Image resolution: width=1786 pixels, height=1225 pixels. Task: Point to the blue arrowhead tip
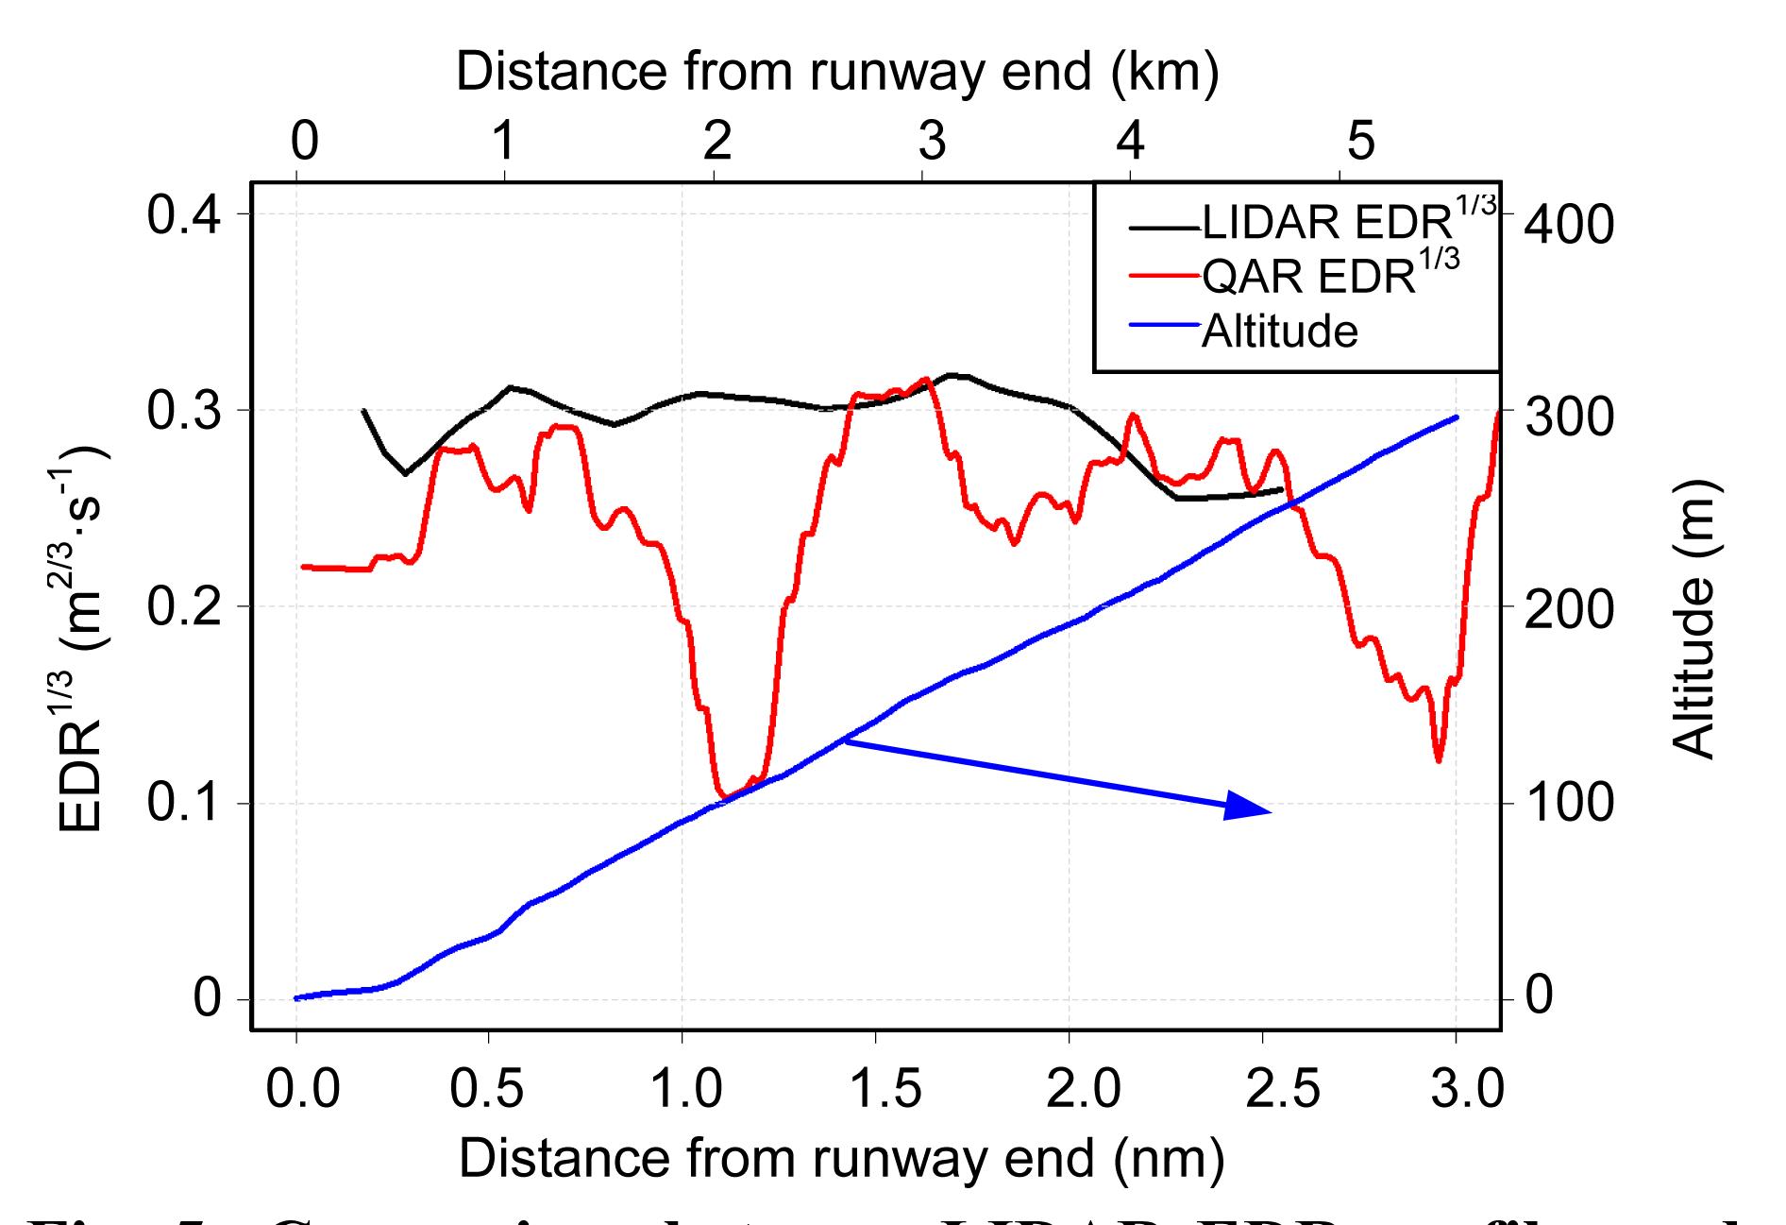(x=1270, y=811)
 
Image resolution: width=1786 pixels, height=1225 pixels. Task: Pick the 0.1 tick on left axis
(x=185, y=804)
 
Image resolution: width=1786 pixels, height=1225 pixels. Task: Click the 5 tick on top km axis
(x=1360, y=142)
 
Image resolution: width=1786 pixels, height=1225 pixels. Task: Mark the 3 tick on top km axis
(x=931, y=142)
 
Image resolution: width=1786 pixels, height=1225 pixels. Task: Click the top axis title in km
(x=836, y=72)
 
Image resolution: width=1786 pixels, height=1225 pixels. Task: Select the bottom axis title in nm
(x=840, y=1157)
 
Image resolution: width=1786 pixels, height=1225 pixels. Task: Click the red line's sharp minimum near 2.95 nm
(x=1438, y=760)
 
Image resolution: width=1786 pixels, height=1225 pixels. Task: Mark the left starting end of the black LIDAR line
(x=363, y=410)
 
